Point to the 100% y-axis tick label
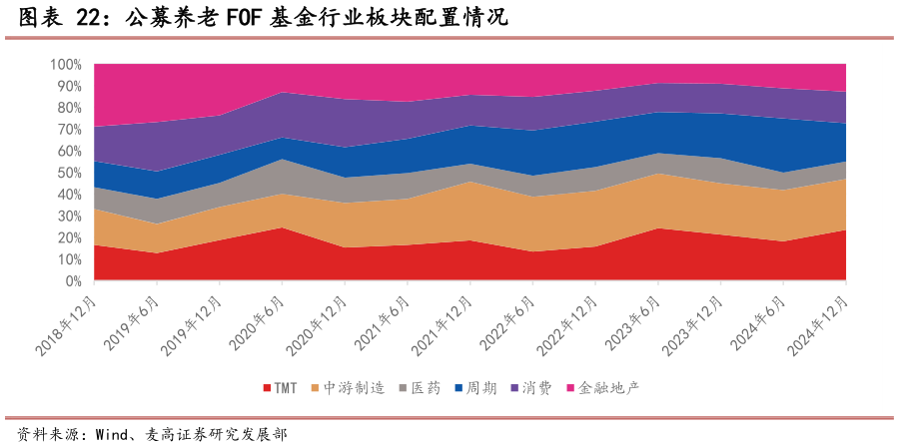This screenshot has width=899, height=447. (x=65, y=65)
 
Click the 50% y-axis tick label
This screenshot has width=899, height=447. (x=69, y=173)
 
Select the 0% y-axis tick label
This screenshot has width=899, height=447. (x=73, y=281)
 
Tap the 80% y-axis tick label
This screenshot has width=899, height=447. (x=69, y=108)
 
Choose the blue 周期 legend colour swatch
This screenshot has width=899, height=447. (x=457, y=388)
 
